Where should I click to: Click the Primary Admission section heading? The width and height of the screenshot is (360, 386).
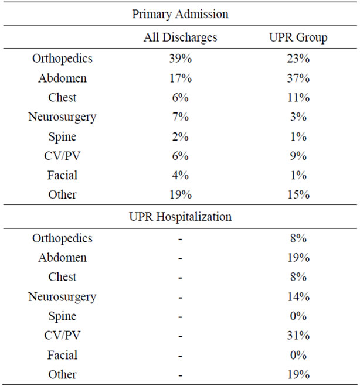pos(180,14)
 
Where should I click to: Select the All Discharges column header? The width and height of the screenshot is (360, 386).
pos(181,37)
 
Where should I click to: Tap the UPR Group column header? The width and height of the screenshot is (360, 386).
pos(298,37)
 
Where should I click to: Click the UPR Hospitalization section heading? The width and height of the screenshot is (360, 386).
pos(181,217)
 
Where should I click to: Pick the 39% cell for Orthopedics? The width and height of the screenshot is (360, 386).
pos(181,59)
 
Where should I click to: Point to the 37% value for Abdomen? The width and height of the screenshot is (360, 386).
pos(298,78)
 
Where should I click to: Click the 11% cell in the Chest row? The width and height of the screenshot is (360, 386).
pos(298,97)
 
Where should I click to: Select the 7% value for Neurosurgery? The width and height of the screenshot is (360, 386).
pos(181,117)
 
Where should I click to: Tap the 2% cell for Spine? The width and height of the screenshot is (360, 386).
pos(181,136)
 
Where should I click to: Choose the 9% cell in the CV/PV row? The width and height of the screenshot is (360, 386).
pos(298,156)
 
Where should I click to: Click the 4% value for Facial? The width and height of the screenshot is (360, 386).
pos(181,175)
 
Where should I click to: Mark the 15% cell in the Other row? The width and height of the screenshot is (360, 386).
pos(298,194)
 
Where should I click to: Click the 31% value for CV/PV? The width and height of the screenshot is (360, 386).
pos(298,335)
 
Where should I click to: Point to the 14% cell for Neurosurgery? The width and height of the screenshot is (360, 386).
pos(298,296)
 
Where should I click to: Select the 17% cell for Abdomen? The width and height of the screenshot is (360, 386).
pos(181,78)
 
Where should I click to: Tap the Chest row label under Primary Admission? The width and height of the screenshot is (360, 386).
pos(62,97)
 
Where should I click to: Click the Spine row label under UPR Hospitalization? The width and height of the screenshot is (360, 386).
pos(62,316)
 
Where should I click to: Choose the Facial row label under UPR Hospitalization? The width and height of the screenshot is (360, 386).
pos(62,355)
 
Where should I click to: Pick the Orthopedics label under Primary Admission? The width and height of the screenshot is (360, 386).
pos(62,59)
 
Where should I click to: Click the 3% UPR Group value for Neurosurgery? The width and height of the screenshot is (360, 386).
pos(298,117)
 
